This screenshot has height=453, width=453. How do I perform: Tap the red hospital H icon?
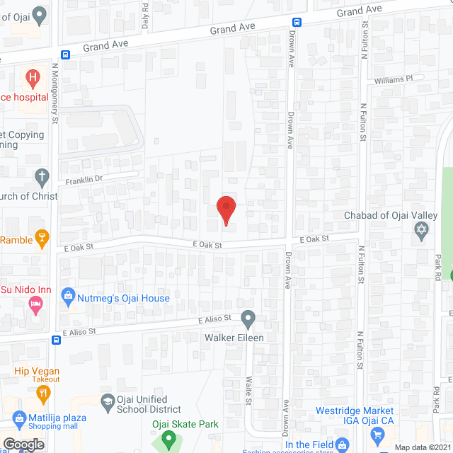tap(32, 76)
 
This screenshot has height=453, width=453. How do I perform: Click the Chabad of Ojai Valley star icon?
tap(422, 230)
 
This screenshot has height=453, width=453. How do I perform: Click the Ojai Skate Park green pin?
tap(168, 440)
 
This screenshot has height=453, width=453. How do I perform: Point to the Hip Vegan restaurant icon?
tap(44, 393)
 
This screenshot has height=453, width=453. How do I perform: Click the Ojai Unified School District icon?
tap(107, 401)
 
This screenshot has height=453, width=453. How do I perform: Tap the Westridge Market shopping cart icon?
tap(377, 436)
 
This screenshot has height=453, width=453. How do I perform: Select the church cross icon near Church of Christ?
tap(42, 176)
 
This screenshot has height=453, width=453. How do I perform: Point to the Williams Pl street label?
tap(392, 80)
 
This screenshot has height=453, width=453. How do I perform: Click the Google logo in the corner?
tap(23, 444)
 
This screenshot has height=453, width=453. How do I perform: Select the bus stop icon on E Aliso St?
tap(56, 340)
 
